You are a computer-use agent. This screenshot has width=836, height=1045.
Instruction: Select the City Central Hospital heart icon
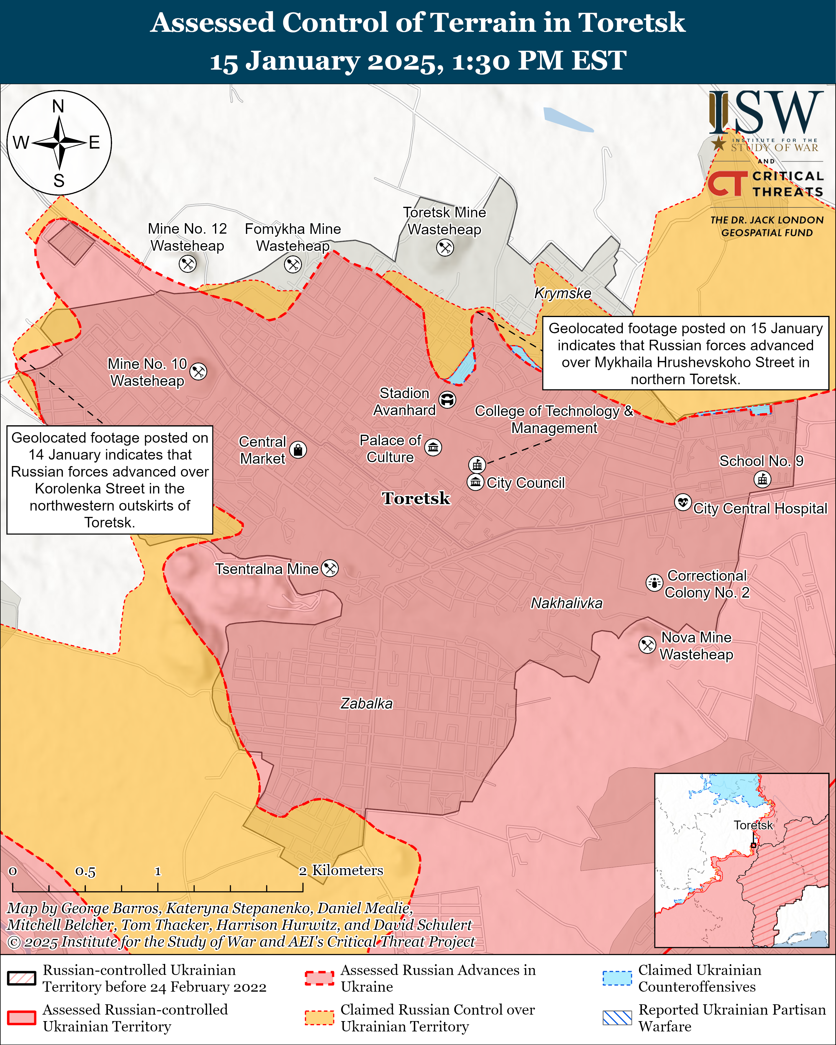683,502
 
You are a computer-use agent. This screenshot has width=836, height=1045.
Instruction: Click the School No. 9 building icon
762,479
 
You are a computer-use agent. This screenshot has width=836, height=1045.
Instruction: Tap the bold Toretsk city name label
416,498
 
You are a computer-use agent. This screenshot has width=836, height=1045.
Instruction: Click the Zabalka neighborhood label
366,703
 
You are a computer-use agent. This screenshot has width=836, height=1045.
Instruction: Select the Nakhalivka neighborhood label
566,603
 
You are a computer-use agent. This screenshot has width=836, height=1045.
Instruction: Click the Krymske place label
563,293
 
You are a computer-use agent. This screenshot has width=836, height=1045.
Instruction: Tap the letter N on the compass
58,106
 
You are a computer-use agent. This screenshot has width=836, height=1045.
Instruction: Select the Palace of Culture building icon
433,447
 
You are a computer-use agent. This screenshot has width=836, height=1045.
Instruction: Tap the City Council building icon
475,482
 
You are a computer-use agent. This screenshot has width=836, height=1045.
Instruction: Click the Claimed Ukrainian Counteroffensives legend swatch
617,978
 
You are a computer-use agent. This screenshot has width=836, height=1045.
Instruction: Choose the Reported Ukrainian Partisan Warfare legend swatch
617,1018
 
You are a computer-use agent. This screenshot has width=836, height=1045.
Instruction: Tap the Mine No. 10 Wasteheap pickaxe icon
198,371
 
